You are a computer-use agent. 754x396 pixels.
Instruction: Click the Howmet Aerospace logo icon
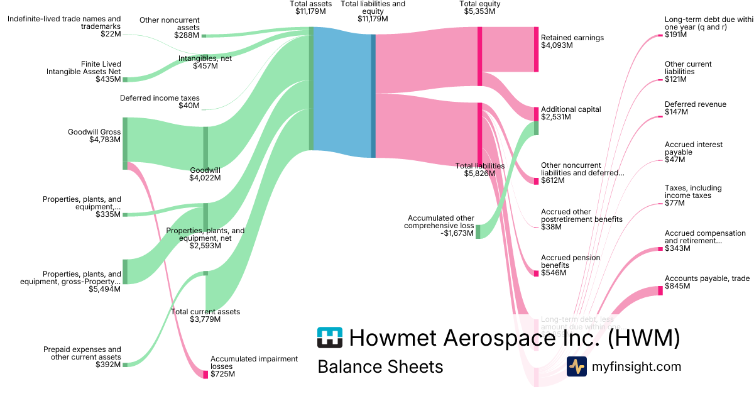pyautogui.click(x=330, y=338)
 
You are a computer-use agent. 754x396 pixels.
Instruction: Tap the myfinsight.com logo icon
pyautogui.click(x=577, y=366)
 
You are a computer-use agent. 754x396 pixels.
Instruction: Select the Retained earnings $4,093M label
pyautogui.click(x=572, y=41)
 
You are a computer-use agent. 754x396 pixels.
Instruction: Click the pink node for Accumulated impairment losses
pyautogui.click(x=205, y=374)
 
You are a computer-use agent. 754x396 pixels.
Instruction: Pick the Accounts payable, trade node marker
pyautogui.click(x=660, y=290)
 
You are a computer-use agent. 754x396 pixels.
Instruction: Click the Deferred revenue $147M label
pyautogui.click(x=695, y=108)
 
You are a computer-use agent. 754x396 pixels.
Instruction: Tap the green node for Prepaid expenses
pyautogui.click(x=125, y=365)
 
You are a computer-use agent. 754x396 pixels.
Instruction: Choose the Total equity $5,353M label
pyautogui.click(x=479, y=8)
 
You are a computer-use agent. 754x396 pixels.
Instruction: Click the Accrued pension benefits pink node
pyautogui.click(x=537, y=273)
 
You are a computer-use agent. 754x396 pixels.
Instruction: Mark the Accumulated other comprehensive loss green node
pyautogui.click(x=478, y=231)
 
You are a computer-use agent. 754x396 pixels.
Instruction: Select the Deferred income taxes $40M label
pyautogui.click(x=160, y=102)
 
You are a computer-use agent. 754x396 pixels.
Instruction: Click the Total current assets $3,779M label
pyautogui.click(x=205, y=315)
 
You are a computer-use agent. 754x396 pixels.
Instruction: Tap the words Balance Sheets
pyautogui.click(x=380, y=367)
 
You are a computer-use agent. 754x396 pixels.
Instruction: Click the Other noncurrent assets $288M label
pyautogui.click(x=169, y=27)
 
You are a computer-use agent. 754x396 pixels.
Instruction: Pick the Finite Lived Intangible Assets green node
pyautogui.click(x=125, y=80)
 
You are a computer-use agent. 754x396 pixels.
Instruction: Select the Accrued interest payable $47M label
pyautogui.click(x=694, y=152)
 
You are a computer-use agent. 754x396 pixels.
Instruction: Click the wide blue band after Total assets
pyautogui.click(x=342, y=91)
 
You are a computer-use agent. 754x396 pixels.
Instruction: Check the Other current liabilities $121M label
pyautogui.click(x=688, y=72)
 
